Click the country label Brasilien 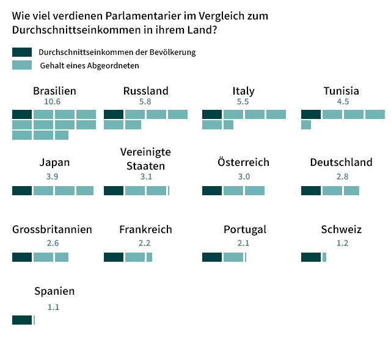54,91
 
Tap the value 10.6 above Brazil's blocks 53,102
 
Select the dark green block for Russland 114,114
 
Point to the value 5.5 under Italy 243,102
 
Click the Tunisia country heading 342,91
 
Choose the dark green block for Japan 22,190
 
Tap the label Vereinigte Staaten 145,158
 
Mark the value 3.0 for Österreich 244,176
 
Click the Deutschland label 341,162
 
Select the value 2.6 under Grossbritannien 53,243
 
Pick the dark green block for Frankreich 114,257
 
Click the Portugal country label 244,229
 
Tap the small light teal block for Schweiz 324,257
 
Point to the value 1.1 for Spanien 53,307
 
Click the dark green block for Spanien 22,320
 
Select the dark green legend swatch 21,52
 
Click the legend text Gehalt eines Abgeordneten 89,65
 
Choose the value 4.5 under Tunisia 343,102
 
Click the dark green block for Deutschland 311,190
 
